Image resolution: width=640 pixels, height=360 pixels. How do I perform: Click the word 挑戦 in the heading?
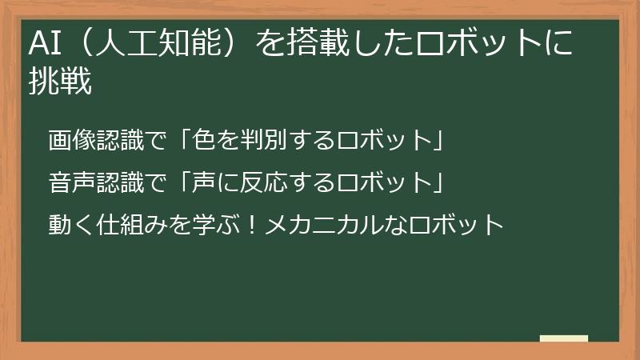click(x=60, y=82)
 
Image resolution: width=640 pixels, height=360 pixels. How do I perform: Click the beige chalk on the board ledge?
click(x=563, y=338)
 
